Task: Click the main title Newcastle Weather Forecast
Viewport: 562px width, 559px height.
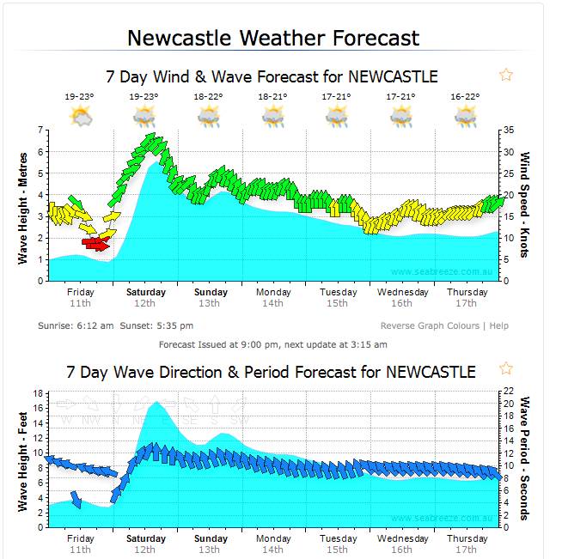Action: pos(273,38)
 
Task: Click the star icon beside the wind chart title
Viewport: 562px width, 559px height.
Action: pos(506,75)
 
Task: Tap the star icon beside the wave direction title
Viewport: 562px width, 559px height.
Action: pos(506,368)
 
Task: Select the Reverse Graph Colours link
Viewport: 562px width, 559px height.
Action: pos(431,326)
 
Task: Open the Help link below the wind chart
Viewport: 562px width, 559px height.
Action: pos(498,326)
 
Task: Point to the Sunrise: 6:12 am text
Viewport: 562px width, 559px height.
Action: pos(76,326)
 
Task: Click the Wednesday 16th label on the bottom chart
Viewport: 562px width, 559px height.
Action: pos(401,544)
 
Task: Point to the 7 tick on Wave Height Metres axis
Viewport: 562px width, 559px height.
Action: pos(40,131)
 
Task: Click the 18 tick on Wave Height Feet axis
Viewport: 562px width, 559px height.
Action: pos(38,394)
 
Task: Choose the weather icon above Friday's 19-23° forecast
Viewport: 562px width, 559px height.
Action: pos(81,116)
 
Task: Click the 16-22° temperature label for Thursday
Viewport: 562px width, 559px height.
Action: pos(465,97)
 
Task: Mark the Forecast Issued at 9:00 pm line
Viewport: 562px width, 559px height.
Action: pos(273,344)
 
